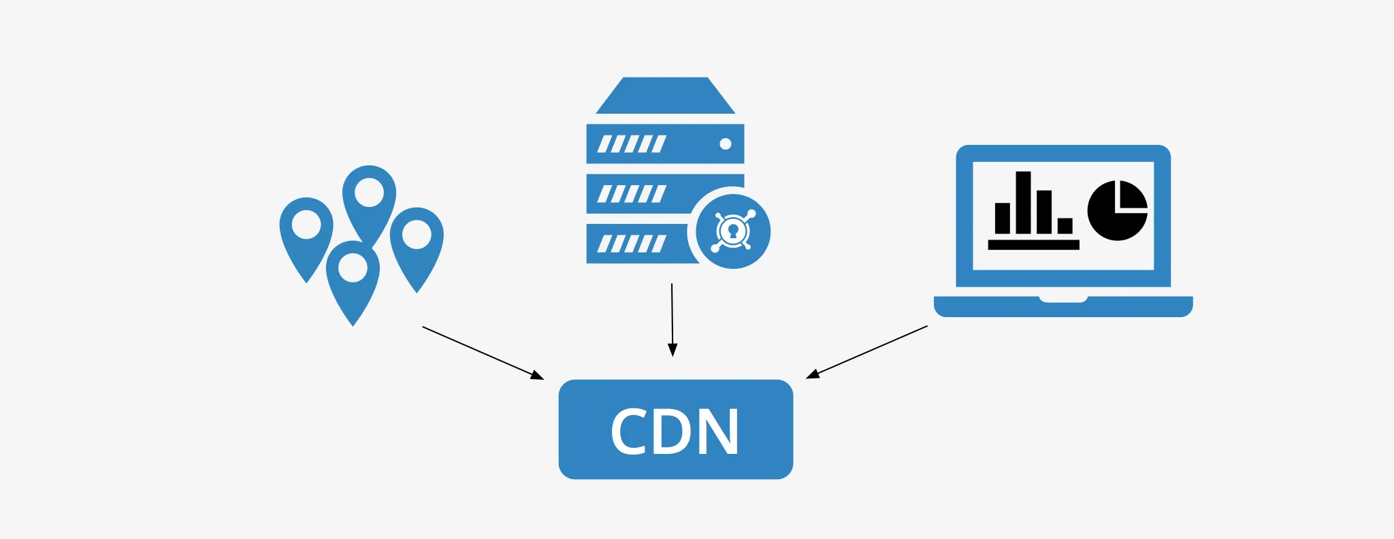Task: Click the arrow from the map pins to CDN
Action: click(483, 353)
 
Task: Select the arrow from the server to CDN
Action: click(672, 320)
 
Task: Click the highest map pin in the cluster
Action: click(369, 197)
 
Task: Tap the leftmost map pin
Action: click(306, 231)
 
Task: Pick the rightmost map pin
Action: click(417, 242)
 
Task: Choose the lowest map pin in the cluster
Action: click(353, 276)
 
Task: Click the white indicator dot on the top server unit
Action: click(726, 144)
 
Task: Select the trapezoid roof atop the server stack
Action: click(665, 96)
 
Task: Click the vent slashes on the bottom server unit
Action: click(631, 244)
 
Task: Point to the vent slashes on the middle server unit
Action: click(631, 194)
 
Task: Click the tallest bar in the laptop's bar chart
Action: click(1023, 202)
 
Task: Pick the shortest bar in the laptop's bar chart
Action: click(1065, 225)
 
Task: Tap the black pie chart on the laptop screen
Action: click(1117, 211)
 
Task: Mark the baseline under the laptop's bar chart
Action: click(1033, 245)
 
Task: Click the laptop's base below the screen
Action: click(1063, 307)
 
